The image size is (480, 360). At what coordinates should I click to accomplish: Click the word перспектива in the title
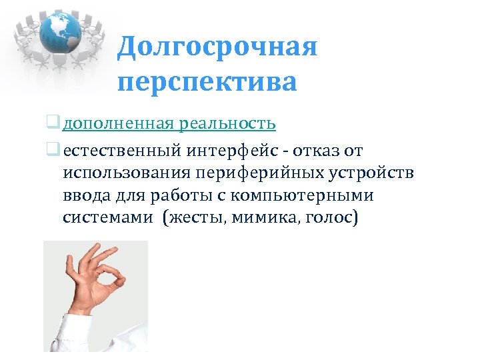click(x=207, y=83)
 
